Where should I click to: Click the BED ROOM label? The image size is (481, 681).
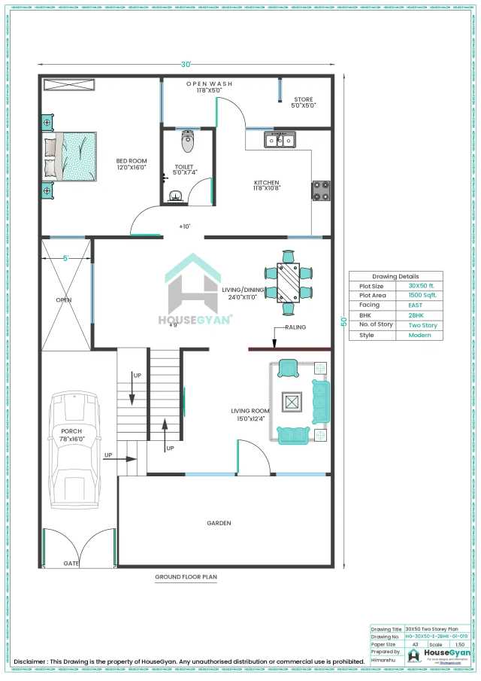[x=132, y=161]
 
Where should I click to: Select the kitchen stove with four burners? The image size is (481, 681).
[x=321, y=190]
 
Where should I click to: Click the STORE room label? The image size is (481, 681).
[x=304, y=99]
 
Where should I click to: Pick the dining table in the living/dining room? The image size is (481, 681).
[x=289, y=281]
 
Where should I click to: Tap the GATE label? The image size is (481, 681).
[x=71, y=563]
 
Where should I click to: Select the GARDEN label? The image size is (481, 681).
[x=219, y=522]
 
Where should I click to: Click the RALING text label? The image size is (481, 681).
[x=295, y=328]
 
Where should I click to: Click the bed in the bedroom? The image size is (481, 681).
[x=71, y=157]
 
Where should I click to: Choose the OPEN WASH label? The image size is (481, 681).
[x=209, y=84]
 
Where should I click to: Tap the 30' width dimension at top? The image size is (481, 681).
[x=186, y=63]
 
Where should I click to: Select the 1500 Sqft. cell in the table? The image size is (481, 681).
[x=422, y=296]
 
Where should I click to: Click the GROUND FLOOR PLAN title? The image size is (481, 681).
[x=186, y=577]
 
